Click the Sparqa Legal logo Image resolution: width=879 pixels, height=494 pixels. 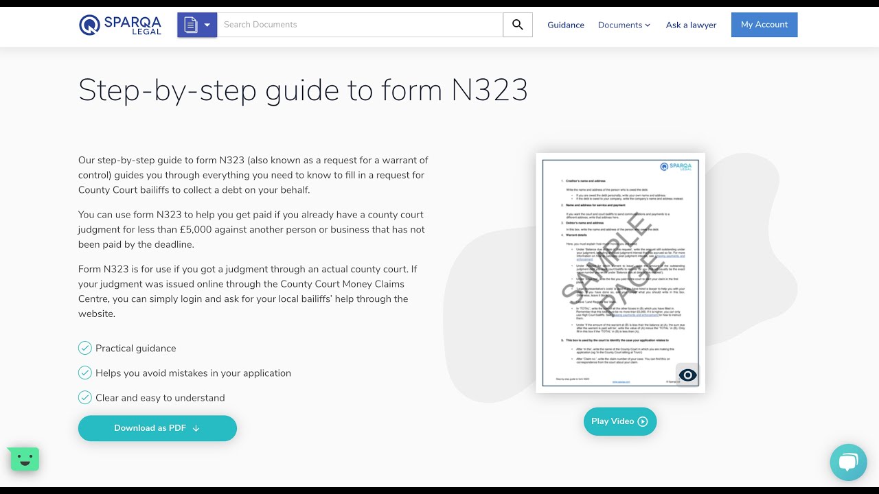tap(121, 25)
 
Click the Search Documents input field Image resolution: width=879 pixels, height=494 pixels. tap(360, 25)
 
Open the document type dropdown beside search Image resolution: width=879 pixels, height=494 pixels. tap(197, 25)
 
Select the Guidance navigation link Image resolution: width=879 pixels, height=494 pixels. tap(566, 25)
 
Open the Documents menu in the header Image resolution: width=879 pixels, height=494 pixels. tap(624, 25)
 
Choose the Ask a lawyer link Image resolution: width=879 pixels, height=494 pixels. tap(691, 25)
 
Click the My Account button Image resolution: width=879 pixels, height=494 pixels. tap(764, 25)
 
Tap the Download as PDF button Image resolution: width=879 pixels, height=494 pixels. tap(157, 428)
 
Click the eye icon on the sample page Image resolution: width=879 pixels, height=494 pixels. tap(687, 375)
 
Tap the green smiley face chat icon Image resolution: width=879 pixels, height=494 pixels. tap(25, 459)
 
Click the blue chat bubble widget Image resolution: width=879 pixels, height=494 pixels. tap(848, 462)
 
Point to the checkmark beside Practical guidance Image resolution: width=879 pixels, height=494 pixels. tap(85, 348)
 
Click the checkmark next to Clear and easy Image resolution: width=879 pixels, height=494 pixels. tap(85, 397)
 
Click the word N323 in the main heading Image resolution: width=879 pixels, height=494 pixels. tap(489, 91)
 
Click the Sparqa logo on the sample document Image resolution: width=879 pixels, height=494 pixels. tap(675, 167)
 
